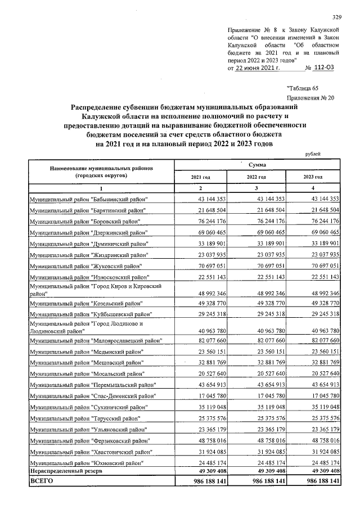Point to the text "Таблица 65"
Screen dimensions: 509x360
tap(303, 88)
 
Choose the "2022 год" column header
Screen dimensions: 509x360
tap(256, 177)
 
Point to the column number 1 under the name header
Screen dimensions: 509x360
tap(101, 188)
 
